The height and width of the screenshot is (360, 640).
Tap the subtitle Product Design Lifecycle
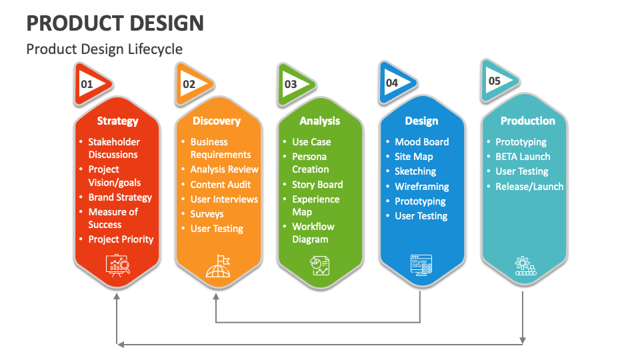coord(104,49)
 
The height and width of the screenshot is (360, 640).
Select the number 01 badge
coord(89,85)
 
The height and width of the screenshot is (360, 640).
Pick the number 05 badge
coord(496,81)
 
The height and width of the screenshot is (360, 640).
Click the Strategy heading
coord(117,121)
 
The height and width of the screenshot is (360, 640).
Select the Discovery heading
coord(216,121)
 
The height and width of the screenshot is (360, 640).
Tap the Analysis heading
coord(319,121)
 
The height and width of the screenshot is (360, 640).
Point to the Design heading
coord(421,121)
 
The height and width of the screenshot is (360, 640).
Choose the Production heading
coord(527,121)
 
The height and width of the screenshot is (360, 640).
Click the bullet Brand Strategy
coord(120,197)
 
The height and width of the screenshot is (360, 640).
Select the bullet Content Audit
coord(220,185)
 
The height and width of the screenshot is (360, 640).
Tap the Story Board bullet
coord(317,185)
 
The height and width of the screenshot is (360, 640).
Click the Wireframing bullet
coord(421,187)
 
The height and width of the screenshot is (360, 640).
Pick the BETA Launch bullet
coord(522,157)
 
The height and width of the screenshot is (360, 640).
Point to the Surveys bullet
coord(207,214)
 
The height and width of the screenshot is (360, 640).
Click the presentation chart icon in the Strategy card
coord(117,265)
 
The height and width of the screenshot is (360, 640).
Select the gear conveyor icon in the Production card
coord(525,265)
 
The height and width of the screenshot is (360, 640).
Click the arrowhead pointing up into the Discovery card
coord(215,295)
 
